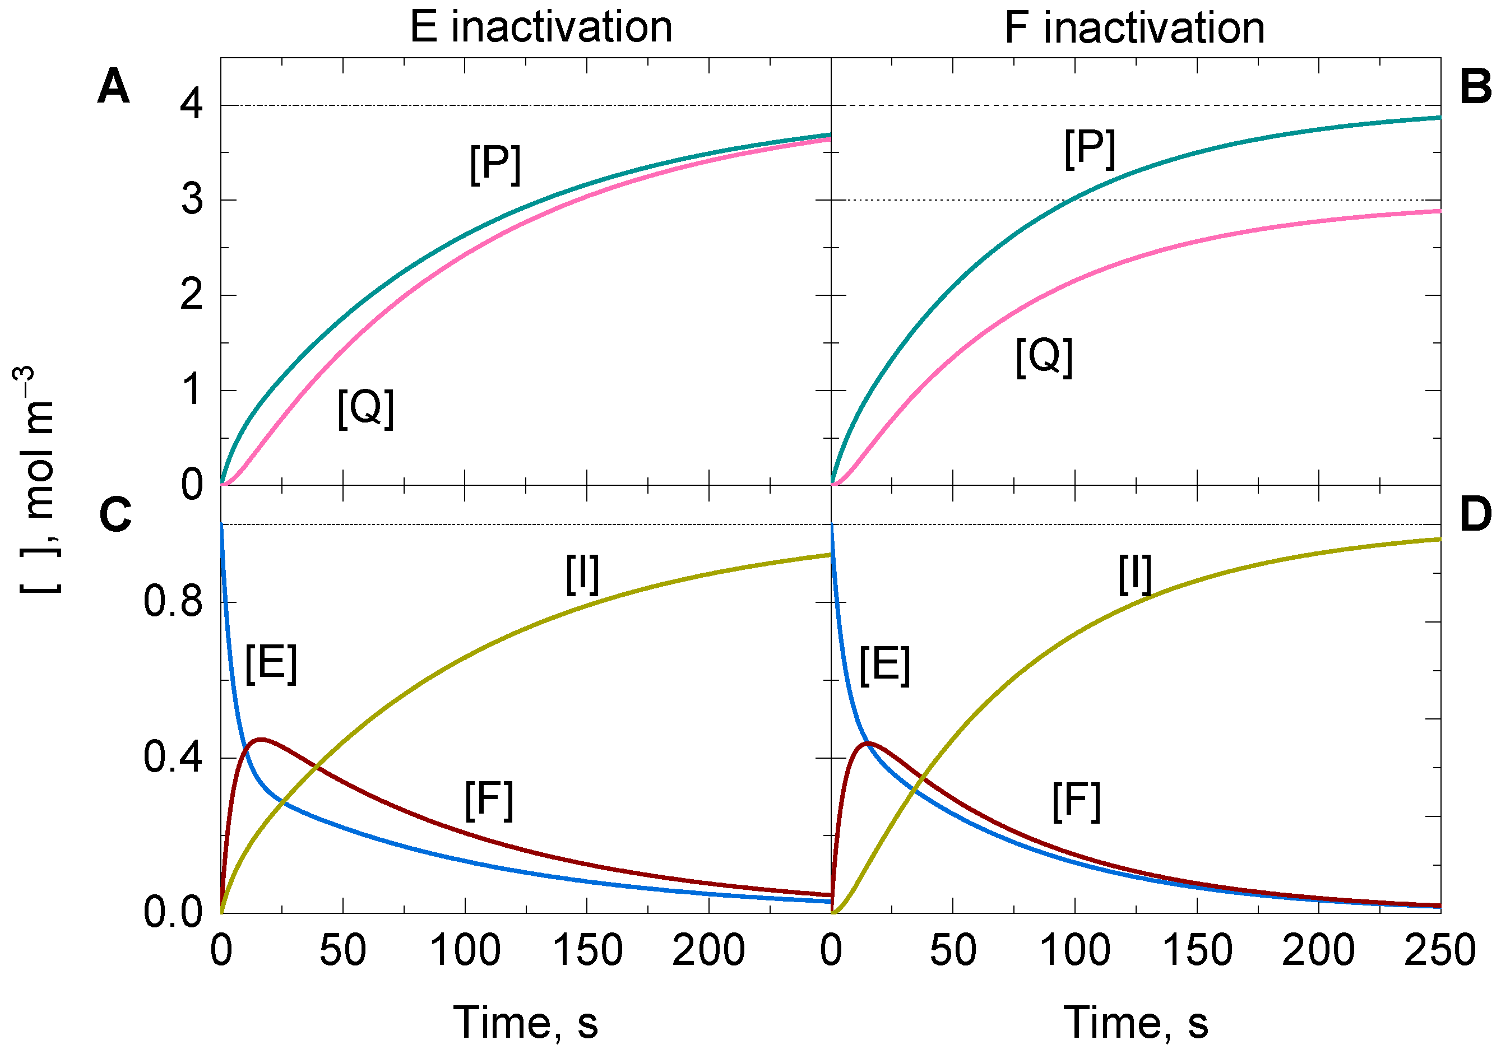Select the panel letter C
click(x=115, y=515)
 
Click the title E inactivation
click(x=541, y=27)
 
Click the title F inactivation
click(x=1134, y=27)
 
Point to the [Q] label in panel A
click(x=365, y=408)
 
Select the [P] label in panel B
click(x=1090, y=148)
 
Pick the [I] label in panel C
click(x=582, y=574)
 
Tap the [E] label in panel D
click(x=884, y=665)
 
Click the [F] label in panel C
click(x=488, y=801)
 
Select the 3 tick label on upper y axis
click(x=192, y=199)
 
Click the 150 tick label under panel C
click(x=587, y=951)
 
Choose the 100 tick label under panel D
click(x=1075, y=951)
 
